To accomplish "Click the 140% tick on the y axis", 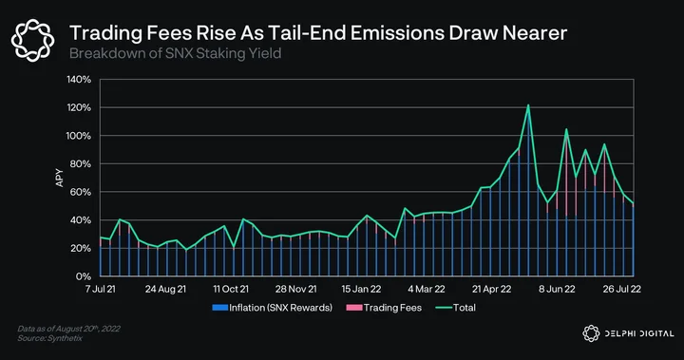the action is pyautogui.click(x=79, y=80).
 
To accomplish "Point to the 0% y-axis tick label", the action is pyautogui.click(x=84, y=276).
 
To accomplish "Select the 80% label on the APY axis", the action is pyautogui.click(x=79, y=164).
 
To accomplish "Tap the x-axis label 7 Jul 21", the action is pyautogui.click(x=101, y=289).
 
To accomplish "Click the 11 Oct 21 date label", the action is pyautogui.click(x=231, y=289).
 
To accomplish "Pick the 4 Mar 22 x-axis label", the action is pyautogui.click(x=427, y=289).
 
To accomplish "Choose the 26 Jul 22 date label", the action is pyautogui.click(x=622, y=289).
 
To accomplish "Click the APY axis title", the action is pyautogui.click(x=59, y=178).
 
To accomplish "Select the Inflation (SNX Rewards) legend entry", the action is pyautogui.click(x=273, y=308).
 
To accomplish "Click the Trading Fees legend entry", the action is pyautogui.click(x=384, y=308).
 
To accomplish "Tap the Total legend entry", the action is pyautogui.click(x=455, y=308).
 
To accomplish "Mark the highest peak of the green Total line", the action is pyautogui.click(x=528, y=105).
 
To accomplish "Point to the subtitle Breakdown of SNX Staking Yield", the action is pyautogui.click(x=176, y=54).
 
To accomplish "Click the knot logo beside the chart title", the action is pyautogui.click(x=32, y=40).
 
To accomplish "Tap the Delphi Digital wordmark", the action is pyautogui.click(x=628, y=333).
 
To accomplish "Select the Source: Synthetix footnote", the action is pyautogui.click(x=49, y=338).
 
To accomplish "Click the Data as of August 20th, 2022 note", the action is pyautogui.click(x=69, y=329).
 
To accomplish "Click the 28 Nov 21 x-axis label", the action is pyautogui.click(x=296, y=289).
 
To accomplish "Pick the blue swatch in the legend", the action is pyautogui.click(x=219, y=308).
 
